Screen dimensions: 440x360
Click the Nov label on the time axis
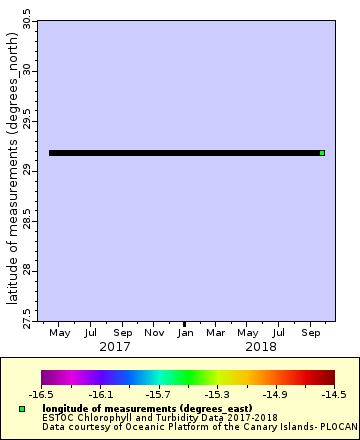click(154, 331)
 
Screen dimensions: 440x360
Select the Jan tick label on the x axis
click(185, 331)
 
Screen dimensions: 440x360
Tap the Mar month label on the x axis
click(216, 331)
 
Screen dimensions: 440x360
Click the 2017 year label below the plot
click(115, 346)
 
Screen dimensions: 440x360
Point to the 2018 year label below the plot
click(260, 346)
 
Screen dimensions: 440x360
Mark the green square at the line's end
click(322, 153)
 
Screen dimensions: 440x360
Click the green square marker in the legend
click(21, 409)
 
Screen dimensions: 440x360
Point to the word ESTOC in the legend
click(57, 417)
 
